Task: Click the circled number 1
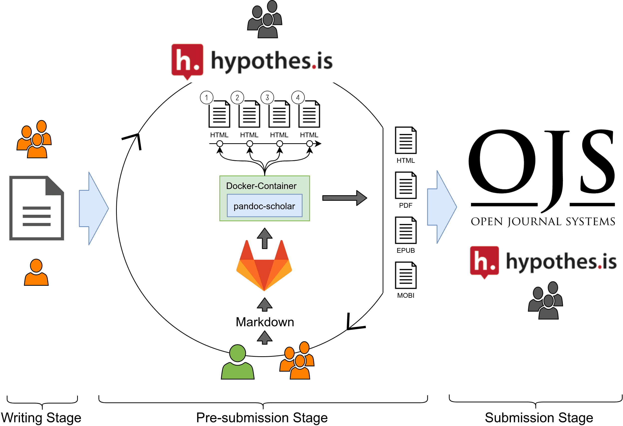(206, 97)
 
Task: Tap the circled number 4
(298, 97)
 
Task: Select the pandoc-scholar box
(264, 206)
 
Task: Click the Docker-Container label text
(261, 186)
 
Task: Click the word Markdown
(265, 322)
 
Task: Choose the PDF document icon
(406, 185)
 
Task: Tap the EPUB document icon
(406, 230)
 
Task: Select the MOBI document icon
(406, 275)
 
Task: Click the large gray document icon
(37, 208)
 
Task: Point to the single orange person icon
(36, 272)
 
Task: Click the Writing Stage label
(41, 418)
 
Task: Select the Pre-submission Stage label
(262, 418)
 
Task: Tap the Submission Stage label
(539, 418)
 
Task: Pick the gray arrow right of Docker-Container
(344, 198)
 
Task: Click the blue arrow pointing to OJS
(442, 207)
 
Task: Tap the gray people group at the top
(265, 19)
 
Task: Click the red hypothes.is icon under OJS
(484, 261)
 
